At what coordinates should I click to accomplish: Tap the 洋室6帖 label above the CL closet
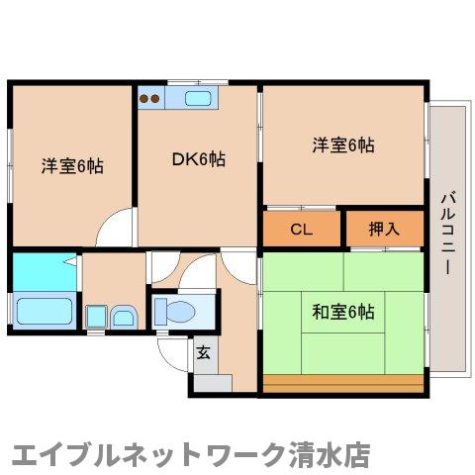point(343,145)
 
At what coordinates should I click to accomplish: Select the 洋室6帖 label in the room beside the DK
point(72,164)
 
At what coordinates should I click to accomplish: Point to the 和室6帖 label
point(343,313)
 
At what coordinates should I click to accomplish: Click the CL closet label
point(302,230)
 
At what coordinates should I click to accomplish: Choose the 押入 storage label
point(384,230)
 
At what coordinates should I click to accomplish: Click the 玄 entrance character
point(203,351)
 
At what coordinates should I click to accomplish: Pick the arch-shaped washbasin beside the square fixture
point(125,317)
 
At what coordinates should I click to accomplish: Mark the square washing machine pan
point(96,317)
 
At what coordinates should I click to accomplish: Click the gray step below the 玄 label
point(211,381)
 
